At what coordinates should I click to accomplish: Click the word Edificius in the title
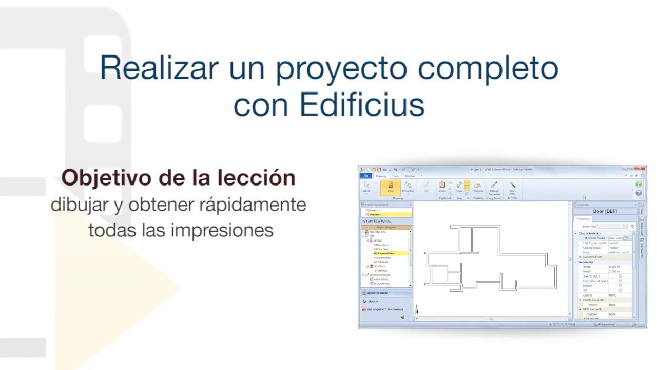(x=362, y=105)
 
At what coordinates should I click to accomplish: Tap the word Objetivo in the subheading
(x=106, y=178)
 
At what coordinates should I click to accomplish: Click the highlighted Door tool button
(x=391, y=187)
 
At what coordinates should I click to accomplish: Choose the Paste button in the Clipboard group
(x=442, y=187)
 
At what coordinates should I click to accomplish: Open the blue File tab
(x=366, y=176)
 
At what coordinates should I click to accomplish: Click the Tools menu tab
(x=395, y=176)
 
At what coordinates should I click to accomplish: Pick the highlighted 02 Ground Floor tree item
(x=384, y=253)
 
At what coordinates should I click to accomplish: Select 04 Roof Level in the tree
(x=381, y=245)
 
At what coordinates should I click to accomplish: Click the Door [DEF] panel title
(x=605, y=211)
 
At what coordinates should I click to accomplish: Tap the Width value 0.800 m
(x=614, y=267)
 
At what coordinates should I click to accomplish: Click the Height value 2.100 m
(x=614, y=271)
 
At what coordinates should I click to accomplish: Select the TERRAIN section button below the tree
(x=373, y=301)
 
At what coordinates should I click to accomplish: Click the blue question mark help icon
(x=639, y=193)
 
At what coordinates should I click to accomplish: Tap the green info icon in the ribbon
(x=639, y=184)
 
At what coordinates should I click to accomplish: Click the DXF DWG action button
(x=512, y=189)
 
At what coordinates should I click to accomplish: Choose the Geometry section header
(x=586, y=262)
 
